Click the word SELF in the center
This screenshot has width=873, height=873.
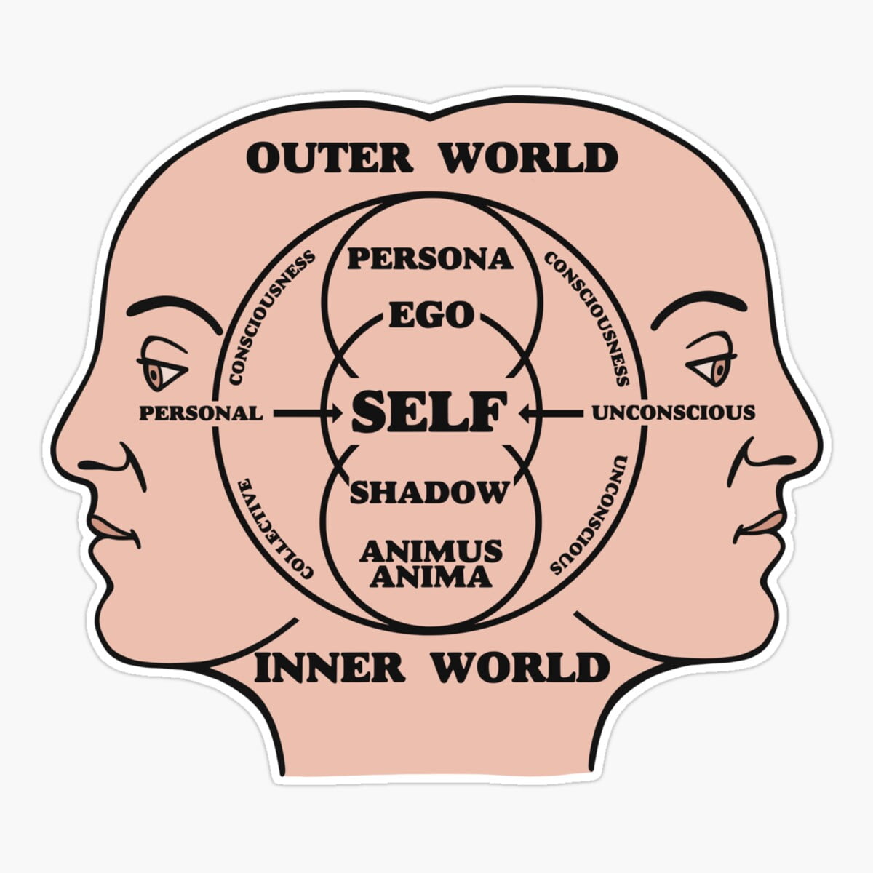[428, 412]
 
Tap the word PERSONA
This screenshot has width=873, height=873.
[430, 258]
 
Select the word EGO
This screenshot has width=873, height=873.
[431, 316]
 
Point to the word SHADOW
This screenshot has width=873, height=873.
[428, 493]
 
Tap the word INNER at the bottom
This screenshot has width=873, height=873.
[330, 667]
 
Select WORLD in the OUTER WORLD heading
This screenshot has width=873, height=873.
[529, 158]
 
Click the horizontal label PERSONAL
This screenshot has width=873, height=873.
[201, 414]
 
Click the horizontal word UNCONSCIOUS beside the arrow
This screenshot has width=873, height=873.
[673, 413]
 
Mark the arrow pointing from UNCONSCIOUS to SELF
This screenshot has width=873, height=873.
[551, 414]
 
